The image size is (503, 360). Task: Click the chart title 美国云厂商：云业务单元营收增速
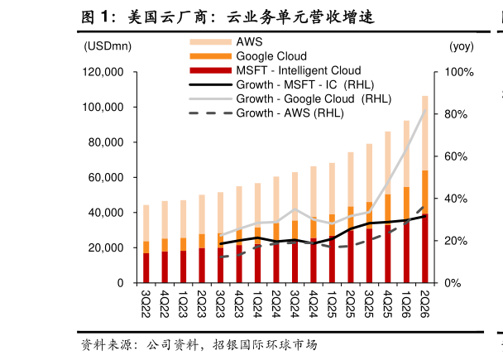[x=228, y=17]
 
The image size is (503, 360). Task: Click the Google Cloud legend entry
[x=248, y=56]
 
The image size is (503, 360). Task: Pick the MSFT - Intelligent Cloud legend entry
[x=275, y=70]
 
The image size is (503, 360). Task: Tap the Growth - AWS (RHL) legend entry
[x=266, y=113]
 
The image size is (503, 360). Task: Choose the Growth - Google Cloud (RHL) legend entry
[x=290, y=98]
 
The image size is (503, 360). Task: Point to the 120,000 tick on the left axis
[x=103, y=72]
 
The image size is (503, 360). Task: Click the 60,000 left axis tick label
[x=106, y=177]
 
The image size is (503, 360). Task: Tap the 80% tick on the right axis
[x=456, y=114]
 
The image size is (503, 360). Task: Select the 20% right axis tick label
[x=456, y=241]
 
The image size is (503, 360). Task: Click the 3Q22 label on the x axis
[x=146, y=304]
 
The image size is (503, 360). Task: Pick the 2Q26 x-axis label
[x=424, y=304]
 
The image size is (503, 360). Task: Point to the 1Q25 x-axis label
[x=332, y=304]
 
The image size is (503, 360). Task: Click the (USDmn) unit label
[x=108, y=46]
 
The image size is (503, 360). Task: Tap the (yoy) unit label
[x=462, y=46]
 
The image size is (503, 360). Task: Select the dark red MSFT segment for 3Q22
[x=146, y=268]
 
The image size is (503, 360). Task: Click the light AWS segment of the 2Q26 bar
[x=424, y=133]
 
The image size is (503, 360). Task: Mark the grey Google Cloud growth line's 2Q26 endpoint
[x=425, y=110]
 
